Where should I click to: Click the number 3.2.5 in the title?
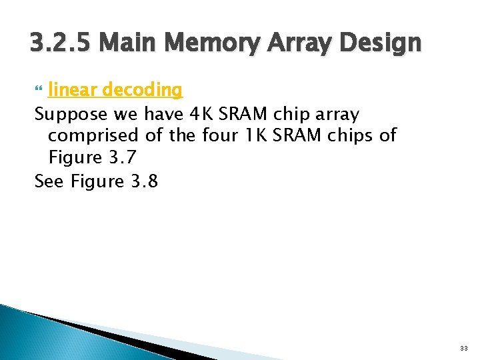[62, 43]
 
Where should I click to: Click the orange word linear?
[69, 89]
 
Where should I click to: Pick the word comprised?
[93, 135]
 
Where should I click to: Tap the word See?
[48, 181]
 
